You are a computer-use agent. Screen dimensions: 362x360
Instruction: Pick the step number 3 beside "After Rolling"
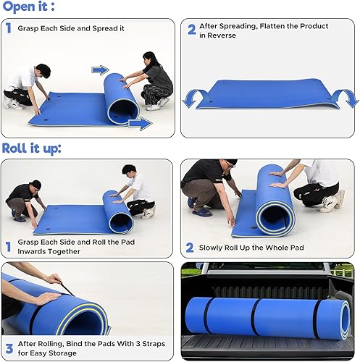coord(8,348)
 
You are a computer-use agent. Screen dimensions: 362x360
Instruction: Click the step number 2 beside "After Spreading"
coord(192,30)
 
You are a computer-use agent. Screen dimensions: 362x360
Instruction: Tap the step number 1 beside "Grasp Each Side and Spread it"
coord(8,30)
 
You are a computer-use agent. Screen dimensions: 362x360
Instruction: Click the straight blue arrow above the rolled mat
coord(100,70)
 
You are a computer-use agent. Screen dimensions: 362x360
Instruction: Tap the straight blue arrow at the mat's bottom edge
coord(140,124)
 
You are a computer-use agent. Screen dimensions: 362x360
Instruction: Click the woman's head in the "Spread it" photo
coord(150,58)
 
